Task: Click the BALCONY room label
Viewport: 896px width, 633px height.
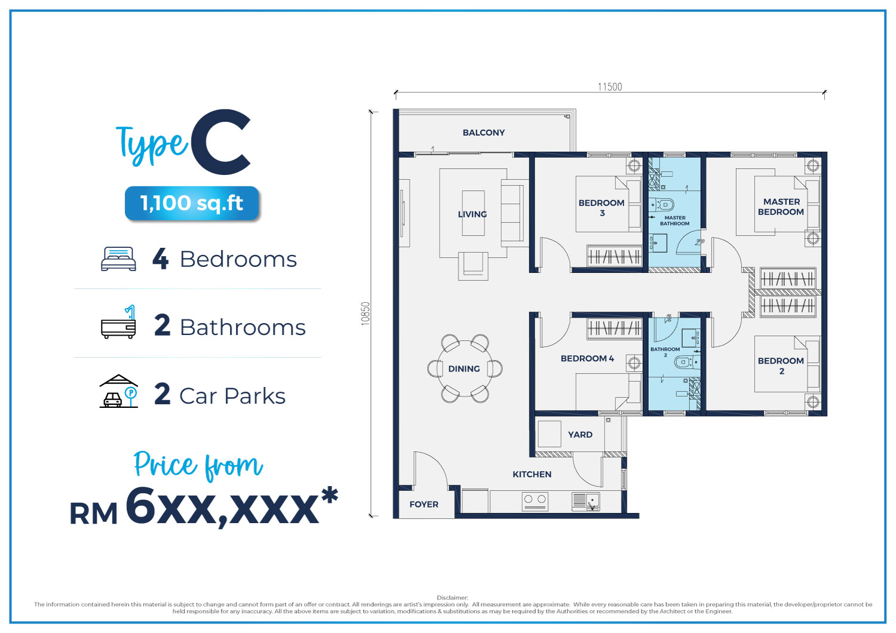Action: pos(484,133)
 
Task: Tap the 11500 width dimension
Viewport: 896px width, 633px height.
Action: pos(610,87)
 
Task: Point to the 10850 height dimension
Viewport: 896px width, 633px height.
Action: pos(365,314)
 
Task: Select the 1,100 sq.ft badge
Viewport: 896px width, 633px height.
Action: pos(192,203)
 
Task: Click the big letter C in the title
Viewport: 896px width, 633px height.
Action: pos(221,142)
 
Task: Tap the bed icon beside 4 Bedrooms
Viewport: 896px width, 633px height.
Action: pos(118,259)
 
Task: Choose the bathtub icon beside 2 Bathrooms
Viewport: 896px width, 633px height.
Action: pos(118,322)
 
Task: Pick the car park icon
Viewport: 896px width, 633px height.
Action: pos(118,391)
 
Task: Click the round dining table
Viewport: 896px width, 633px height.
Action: pos(465,368)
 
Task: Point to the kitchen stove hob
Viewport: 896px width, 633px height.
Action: pos(535,502)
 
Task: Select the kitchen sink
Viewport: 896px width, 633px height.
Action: pos(586,502)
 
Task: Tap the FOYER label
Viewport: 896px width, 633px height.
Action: pos(424,504)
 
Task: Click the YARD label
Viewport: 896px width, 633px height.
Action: pos(580,435)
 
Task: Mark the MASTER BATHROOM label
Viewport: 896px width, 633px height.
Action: pos(674,221)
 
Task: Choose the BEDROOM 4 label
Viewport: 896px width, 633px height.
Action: pos(587,358)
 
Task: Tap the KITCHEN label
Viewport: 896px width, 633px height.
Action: pos(532,474)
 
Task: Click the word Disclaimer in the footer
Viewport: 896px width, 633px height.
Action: pos(452,597)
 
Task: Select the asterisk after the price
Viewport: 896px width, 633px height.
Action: pos(330,495)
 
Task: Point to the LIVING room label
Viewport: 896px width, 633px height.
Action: pos(472,214)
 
